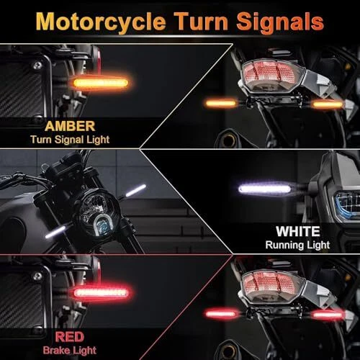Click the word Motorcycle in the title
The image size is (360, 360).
click(x=101, y=22)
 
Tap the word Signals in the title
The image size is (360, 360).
click(x=280, y=22)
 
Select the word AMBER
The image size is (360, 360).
click(x=70, y=126)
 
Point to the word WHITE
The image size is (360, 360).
click(x=298, y=232)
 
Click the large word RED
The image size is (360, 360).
click(x=70, y=337)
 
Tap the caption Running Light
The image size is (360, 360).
click(x=297, y=245)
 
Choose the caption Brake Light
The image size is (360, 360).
click(x=70, y=351)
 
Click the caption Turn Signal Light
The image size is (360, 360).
click(x=70, y=140)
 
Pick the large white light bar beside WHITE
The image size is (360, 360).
click(x=264, y=189)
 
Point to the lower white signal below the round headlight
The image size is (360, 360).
click(x=55, y=232)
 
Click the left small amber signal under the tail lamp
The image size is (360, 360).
click(x=221, y=104)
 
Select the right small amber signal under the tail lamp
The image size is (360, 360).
click(x=328, y=104)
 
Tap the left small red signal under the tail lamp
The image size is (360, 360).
click(x=221, y=314)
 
